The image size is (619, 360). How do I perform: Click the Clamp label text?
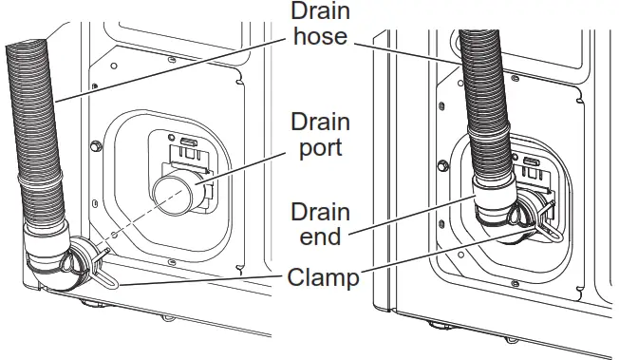[323, 277]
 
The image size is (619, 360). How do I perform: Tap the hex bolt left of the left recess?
[95, 146]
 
